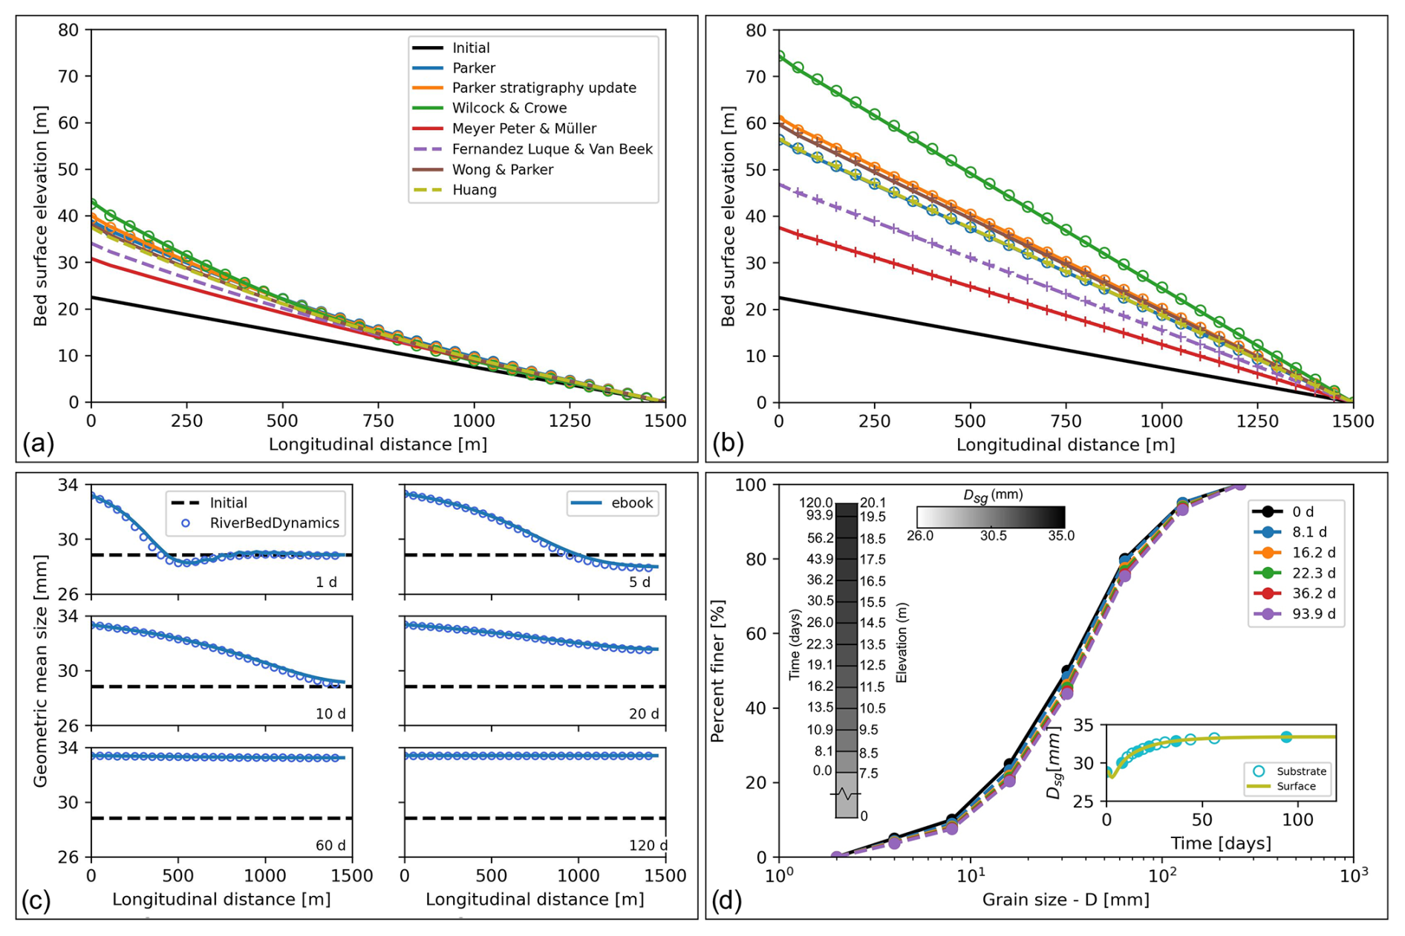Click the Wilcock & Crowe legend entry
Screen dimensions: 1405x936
(489, 108)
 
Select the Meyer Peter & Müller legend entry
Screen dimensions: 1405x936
(504, 128)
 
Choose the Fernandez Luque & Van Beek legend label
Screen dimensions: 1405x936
(552, 149)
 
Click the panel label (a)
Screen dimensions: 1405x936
(39, 443)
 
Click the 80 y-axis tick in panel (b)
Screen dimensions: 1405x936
(756, 30)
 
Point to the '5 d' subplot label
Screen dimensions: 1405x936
(640, 582)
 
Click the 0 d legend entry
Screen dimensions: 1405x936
(1283, 511)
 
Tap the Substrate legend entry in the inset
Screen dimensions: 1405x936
(1288, 771)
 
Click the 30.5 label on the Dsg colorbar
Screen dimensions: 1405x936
(993, 535)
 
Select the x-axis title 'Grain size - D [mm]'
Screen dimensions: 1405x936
(1066, 900)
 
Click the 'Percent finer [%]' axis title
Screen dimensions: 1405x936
(717, 671)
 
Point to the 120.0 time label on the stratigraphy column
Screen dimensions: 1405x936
(815, 503)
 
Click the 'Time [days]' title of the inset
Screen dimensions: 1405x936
(1221, 843)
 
